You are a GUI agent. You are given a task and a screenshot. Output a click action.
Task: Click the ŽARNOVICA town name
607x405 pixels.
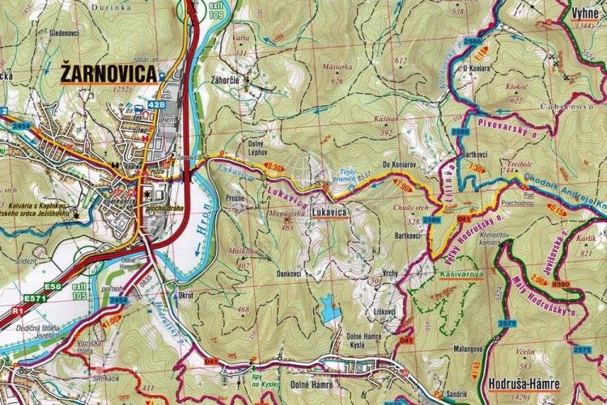point(108,74)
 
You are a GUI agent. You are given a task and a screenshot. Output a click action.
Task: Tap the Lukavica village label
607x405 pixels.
point(328,212)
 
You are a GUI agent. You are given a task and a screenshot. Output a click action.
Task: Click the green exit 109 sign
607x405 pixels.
point(215,9)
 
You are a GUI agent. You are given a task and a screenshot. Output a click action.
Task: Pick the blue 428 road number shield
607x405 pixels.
point(155,104)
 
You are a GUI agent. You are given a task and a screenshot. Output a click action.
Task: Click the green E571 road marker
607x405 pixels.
point(35,298)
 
